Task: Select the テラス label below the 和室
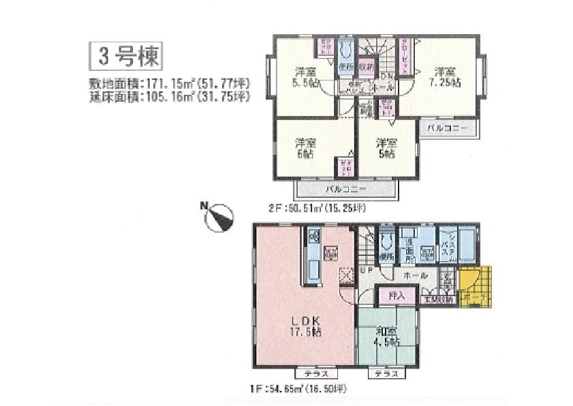[384, 374]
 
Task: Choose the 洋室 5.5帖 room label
[305, 76]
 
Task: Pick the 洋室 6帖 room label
[305, 149]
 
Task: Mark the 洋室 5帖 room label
[387, 149]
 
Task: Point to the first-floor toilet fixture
[388, 240]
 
